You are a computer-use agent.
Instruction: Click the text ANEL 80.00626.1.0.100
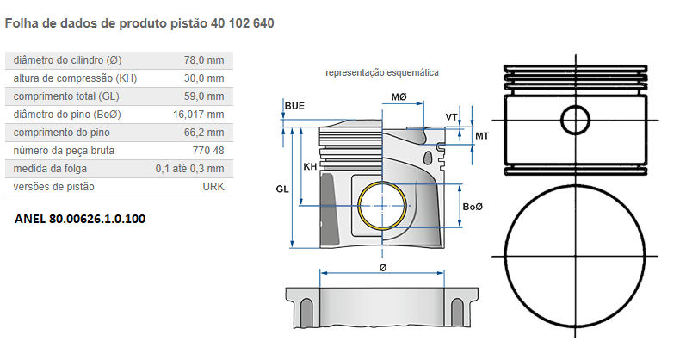[80, 219]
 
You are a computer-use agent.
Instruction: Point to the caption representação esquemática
[382, 73]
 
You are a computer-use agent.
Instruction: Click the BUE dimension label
[294, 106]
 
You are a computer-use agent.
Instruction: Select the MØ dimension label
[399, 97]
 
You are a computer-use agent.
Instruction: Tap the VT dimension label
[451, 116]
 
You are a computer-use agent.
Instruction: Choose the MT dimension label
[482, 136]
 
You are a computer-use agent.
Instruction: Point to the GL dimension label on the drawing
[281, 188]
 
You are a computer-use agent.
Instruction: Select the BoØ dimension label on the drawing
[473, 208]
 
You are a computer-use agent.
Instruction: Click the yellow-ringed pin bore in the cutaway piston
[383, 208]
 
